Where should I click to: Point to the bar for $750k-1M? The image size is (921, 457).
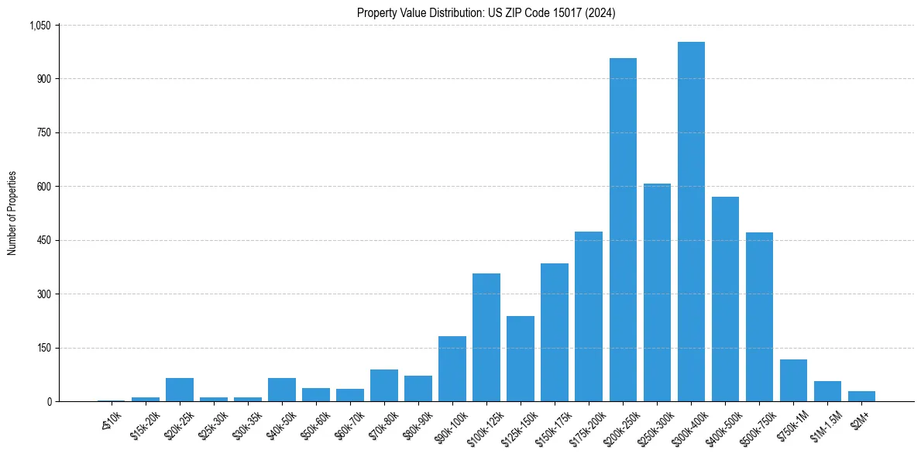pos(793,380)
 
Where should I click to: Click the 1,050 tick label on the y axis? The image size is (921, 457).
pos(40,26)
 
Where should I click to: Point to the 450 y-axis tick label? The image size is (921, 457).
pos(43,240)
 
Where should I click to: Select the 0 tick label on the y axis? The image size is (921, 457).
pos(49,401)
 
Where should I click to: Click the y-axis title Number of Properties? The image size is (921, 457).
pos(12,213)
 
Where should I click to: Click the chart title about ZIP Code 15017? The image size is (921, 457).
pos(486,12)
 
